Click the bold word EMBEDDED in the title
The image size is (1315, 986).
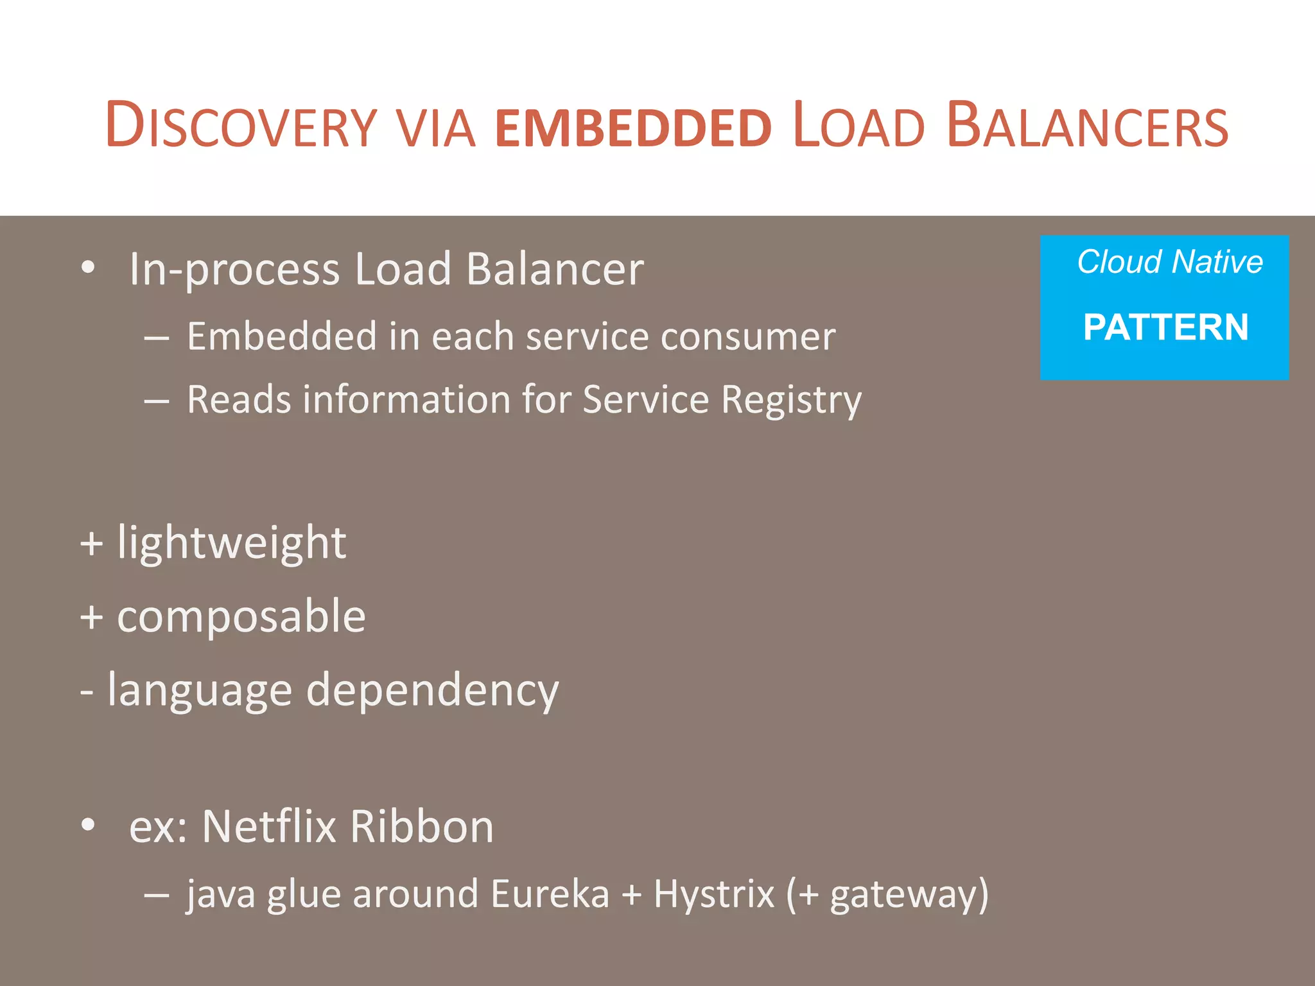coord(633,128)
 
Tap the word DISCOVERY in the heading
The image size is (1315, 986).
coord(241,126)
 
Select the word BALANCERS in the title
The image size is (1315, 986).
coord(1087,126)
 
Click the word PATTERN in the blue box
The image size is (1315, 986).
coord(1165,327)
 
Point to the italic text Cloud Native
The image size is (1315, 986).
coord(1170,262)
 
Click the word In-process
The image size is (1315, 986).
coord(234,270)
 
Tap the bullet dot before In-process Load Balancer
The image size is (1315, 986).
coord(89,267)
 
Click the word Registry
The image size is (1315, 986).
coord(791,400)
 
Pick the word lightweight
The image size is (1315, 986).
coord(232,543)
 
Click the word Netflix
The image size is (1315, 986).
coord(269,826)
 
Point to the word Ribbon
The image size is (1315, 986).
coord(422,826)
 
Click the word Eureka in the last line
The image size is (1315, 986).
coord(550,894)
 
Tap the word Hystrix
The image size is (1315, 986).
coord(714,894)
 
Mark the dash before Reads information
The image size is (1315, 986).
coord(157,401)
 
